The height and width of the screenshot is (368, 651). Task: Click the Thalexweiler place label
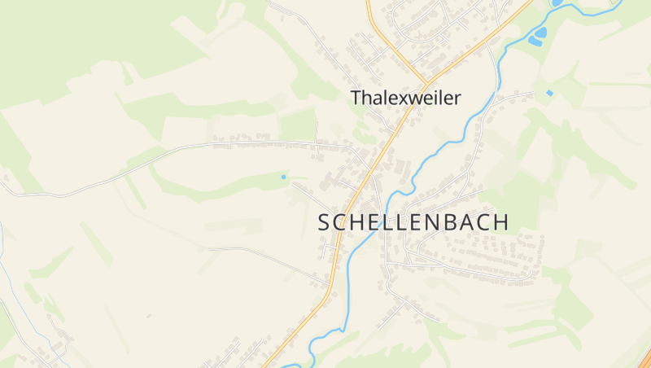click(405, 98)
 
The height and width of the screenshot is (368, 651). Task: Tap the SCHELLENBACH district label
click(413, 222)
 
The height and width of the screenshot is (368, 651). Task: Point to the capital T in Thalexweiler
click(356, 98)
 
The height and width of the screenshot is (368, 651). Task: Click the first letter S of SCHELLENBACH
click(323, 222)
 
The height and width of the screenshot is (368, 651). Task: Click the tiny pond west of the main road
click(283, 177)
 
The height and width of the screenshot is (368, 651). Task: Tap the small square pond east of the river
click(549, 93)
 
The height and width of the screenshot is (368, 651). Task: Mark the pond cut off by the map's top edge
click(557, 3)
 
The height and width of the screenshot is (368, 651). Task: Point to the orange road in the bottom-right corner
click(644, 358)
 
